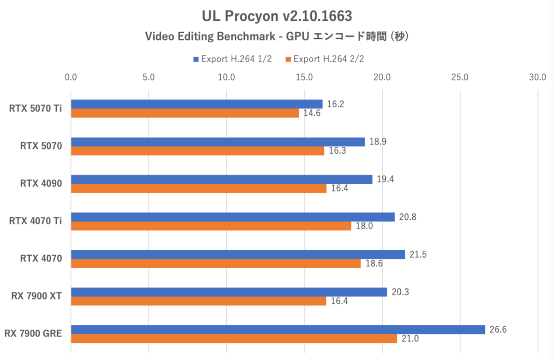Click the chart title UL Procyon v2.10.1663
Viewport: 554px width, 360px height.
[277, 16]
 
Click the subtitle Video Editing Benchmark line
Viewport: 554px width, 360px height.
[277, 36]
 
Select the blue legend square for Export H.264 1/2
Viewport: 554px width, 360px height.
[196, 59]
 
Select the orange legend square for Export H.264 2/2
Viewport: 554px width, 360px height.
[289, 59]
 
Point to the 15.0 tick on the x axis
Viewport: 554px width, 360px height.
[304, 77]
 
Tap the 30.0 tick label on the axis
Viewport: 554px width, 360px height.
[538, 77]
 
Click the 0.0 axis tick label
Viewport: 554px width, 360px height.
[71, 77]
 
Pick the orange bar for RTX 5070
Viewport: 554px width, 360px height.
[197, 150]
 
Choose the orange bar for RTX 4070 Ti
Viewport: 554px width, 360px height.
[211, 226]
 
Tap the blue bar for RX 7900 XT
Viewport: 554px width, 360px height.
[229, 292]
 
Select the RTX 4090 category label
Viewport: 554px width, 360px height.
[41, 184]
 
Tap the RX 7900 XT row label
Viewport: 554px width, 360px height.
[37, 296]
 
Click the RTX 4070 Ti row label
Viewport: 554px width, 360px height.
[36, 221]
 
